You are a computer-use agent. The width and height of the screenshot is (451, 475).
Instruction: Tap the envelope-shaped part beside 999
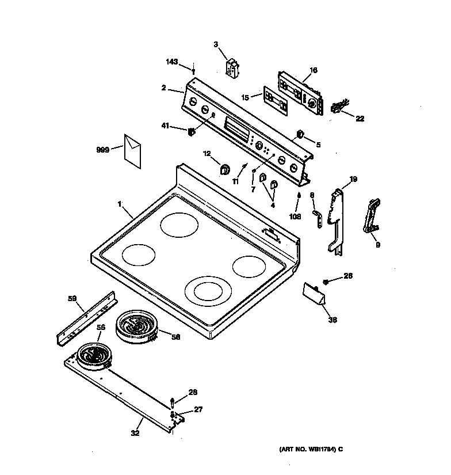click(133, 149)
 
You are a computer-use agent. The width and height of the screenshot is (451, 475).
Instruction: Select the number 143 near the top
click(172, 62)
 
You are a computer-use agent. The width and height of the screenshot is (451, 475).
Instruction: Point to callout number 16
click(313, 70)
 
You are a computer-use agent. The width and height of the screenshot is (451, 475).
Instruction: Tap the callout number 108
click(296, 217)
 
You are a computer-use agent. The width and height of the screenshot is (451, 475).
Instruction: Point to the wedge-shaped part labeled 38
click(316, 294)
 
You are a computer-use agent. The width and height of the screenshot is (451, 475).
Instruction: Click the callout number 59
click(72, 298)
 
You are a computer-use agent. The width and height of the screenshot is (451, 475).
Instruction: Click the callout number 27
click(198, 410)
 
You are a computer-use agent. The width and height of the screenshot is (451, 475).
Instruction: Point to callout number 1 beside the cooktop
click(120, 203)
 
